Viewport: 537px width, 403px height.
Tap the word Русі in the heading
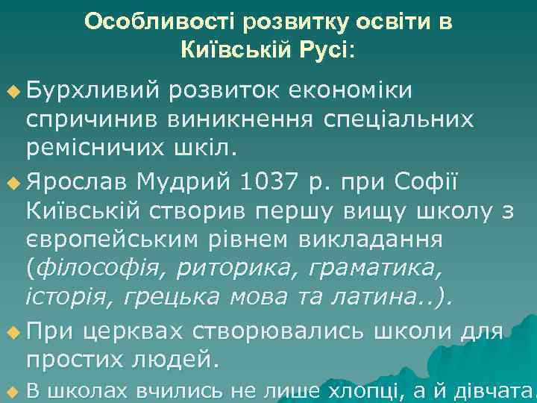point(320,50)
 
